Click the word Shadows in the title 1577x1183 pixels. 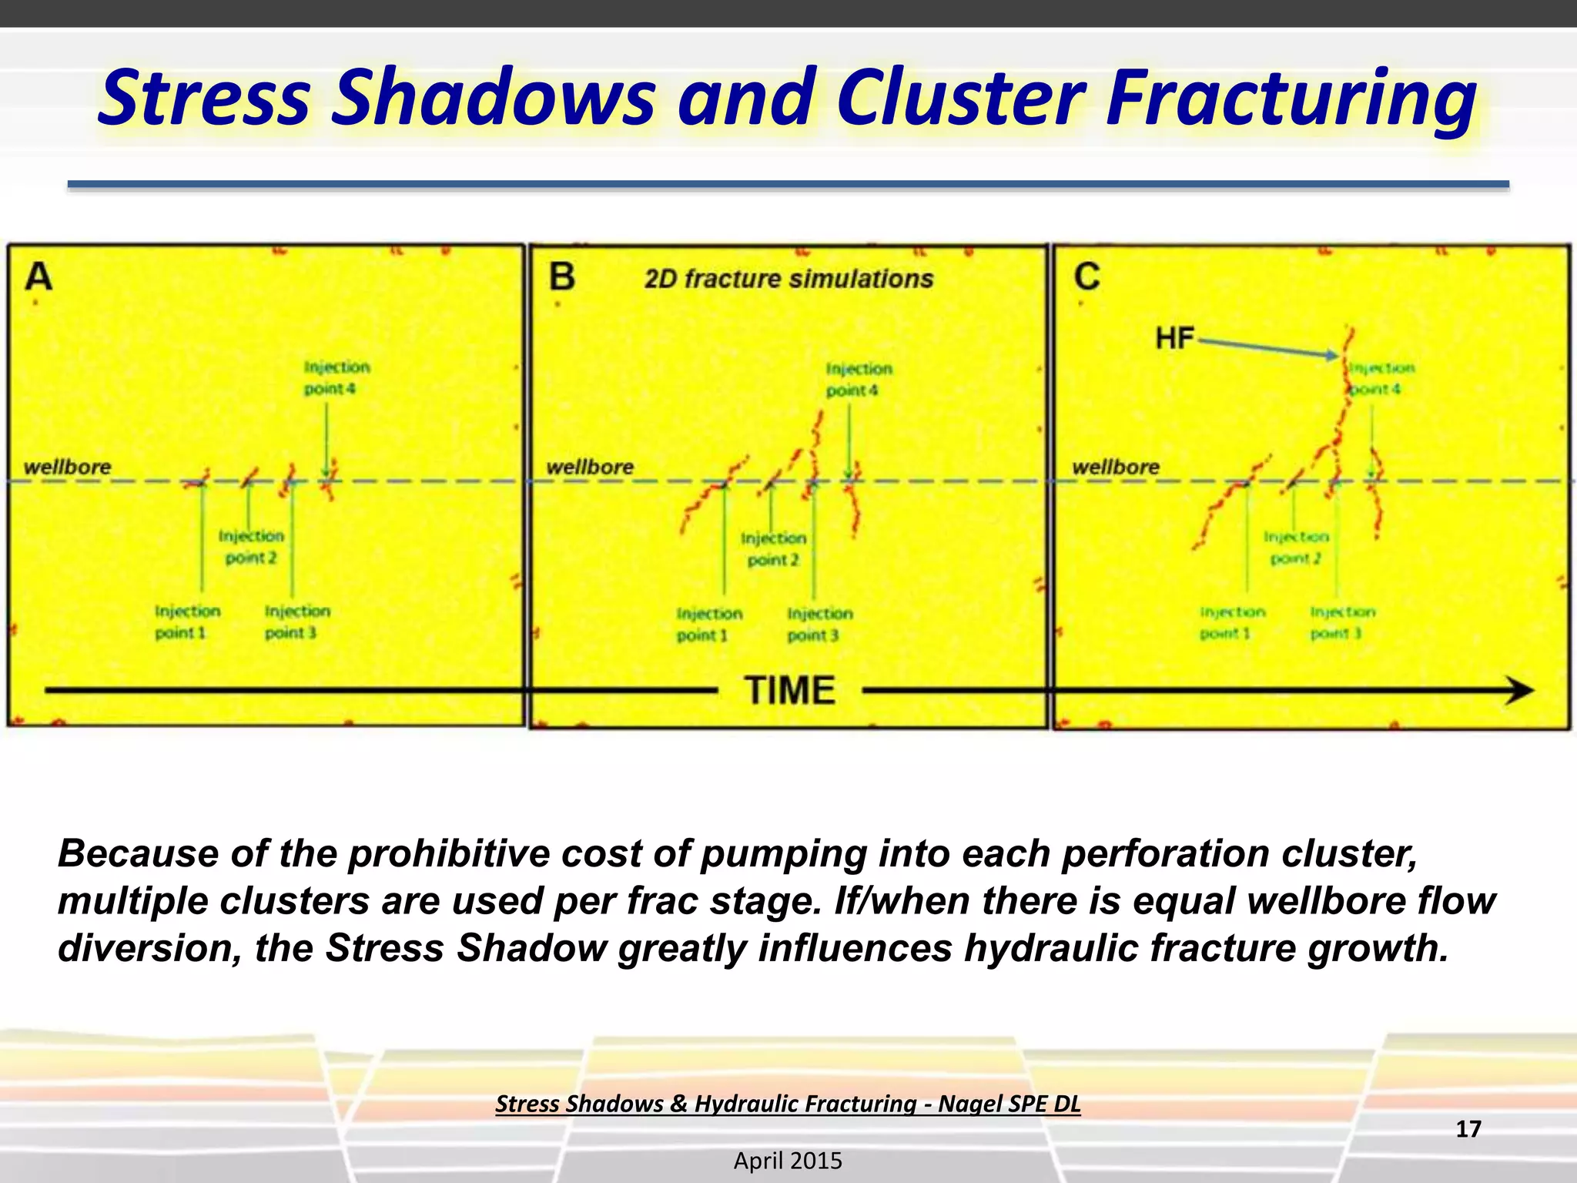[493, 99]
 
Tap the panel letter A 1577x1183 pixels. [39, 276]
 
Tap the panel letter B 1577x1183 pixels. [562, 276]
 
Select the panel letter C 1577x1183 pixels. [1086, 276]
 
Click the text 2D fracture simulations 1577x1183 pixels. [788, 279]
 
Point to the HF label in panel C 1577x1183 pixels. [1174, 338]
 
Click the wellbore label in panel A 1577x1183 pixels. [67, 467]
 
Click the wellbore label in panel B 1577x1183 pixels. [590, 467]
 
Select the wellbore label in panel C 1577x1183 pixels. [1116, 467]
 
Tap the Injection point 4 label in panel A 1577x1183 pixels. [336, 377]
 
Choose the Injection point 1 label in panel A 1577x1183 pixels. [186, 622]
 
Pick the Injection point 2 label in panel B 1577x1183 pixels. [773, 548]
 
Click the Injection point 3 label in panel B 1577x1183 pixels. [819, 624]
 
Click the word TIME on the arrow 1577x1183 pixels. [790, 690]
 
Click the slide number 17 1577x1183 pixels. [1468, 1129]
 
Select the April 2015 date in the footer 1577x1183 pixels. [788, 1161]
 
